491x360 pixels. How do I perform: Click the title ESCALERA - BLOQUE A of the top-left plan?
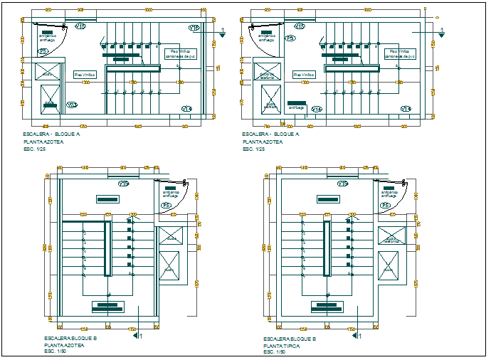[52, 134]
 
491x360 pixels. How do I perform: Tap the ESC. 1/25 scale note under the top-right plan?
[253, 149]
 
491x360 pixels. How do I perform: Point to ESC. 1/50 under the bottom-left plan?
[55, 351]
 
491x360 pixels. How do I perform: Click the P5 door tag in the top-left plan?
[43, 52]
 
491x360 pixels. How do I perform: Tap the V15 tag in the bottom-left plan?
[123, 184]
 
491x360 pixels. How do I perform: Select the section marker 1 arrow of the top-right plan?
[440, 33]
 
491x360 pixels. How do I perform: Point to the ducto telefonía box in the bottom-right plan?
[391, 235]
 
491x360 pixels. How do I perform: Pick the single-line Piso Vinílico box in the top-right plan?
[303, 75]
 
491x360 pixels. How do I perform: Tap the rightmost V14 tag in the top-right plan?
[405, 109]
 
